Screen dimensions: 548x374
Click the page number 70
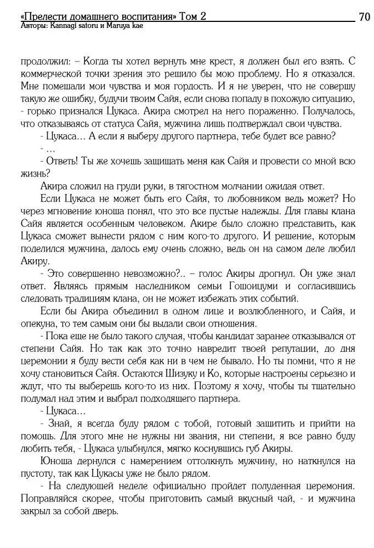click(364, 16)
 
